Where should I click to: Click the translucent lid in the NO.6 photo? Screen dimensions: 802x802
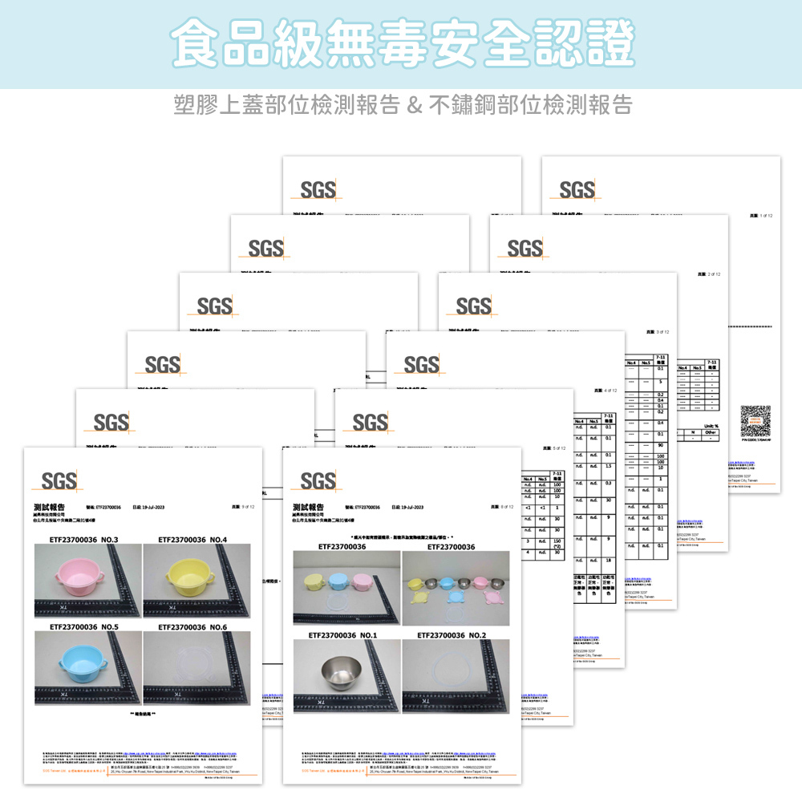[x=196, y=665]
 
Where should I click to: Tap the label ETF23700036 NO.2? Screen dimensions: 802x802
[x=454, y=634]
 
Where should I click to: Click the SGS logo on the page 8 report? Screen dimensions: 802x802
[x=318, y=480]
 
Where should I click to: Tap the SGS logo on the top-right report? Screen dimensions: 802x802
[x=577, y=189]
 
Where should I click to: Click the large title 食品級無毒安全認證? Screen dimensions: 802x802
[x=401, y=44]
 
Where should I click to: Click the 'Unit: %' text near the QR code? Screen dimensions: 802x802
[x=709, y=427]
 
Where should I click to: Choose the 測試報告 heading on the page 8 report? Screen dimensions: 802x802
[x=309, y=507]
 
